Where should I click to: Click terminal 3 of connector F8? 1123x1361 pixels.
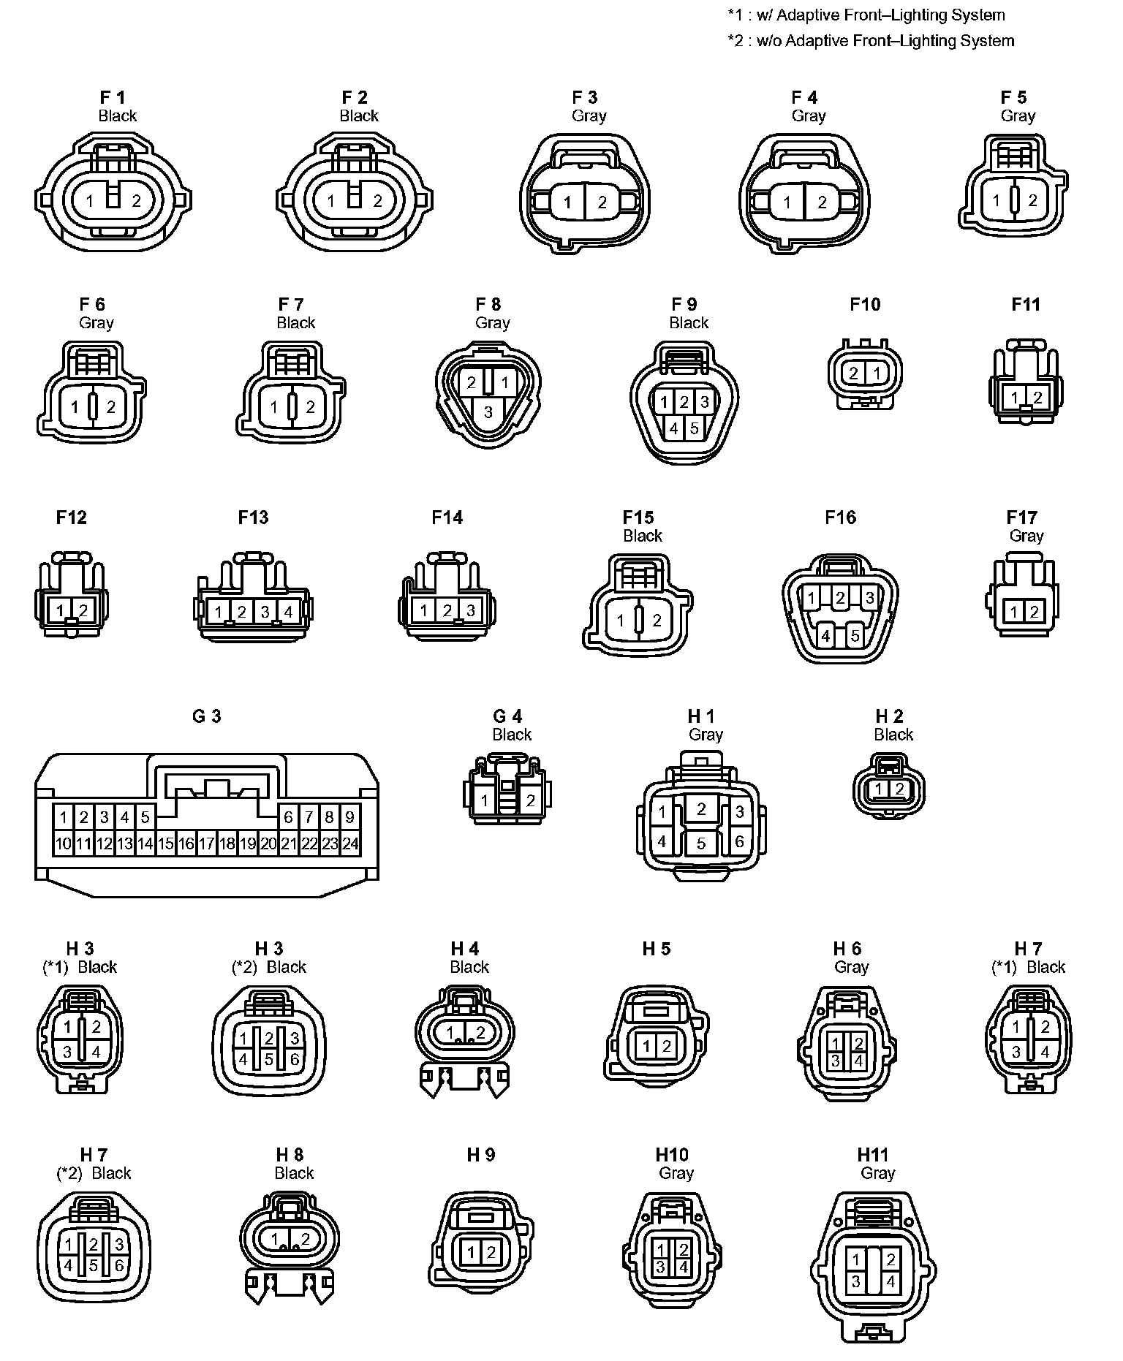point(488,412)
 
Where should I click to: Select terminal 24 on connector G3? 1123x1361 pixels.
point(350,843)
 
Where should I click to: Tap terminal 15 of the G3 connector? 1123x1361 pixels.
point(166,843)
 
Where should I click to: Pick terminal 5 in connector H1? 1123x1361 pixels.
point(701,843)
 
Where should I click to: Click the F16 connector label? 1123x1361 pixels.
point(840,518)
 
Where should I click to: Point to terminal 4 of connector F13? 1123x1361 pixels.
point(288,612)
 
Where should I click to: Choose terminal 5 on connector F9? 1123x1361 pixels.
point(694,428)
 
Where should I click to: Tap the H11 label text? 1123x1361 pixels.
point(872,1154)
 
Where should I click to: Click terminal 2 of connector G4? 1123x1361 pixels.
point(531,801)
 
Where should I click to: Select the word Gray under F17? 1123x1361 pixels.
point(1026,536)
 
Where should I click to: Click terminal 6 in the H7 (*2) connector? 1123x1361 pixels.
point(119,1265)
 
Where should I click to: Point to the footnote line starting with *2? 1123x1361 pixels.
point(871,41)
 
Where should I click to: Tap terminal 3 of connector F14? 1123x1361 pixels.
point(470,610)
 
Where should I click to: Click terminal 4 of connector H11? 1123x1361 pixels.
point(891,1281)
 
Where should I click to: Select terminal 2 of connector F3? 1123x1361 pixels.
point(602,202)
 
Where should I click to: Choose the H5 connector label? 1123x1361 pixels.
point(656,949)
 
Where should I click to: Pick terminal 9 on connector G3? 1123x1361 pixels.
point(350,817)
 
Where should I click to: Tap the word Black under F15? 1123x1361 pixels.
point(642,536)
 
